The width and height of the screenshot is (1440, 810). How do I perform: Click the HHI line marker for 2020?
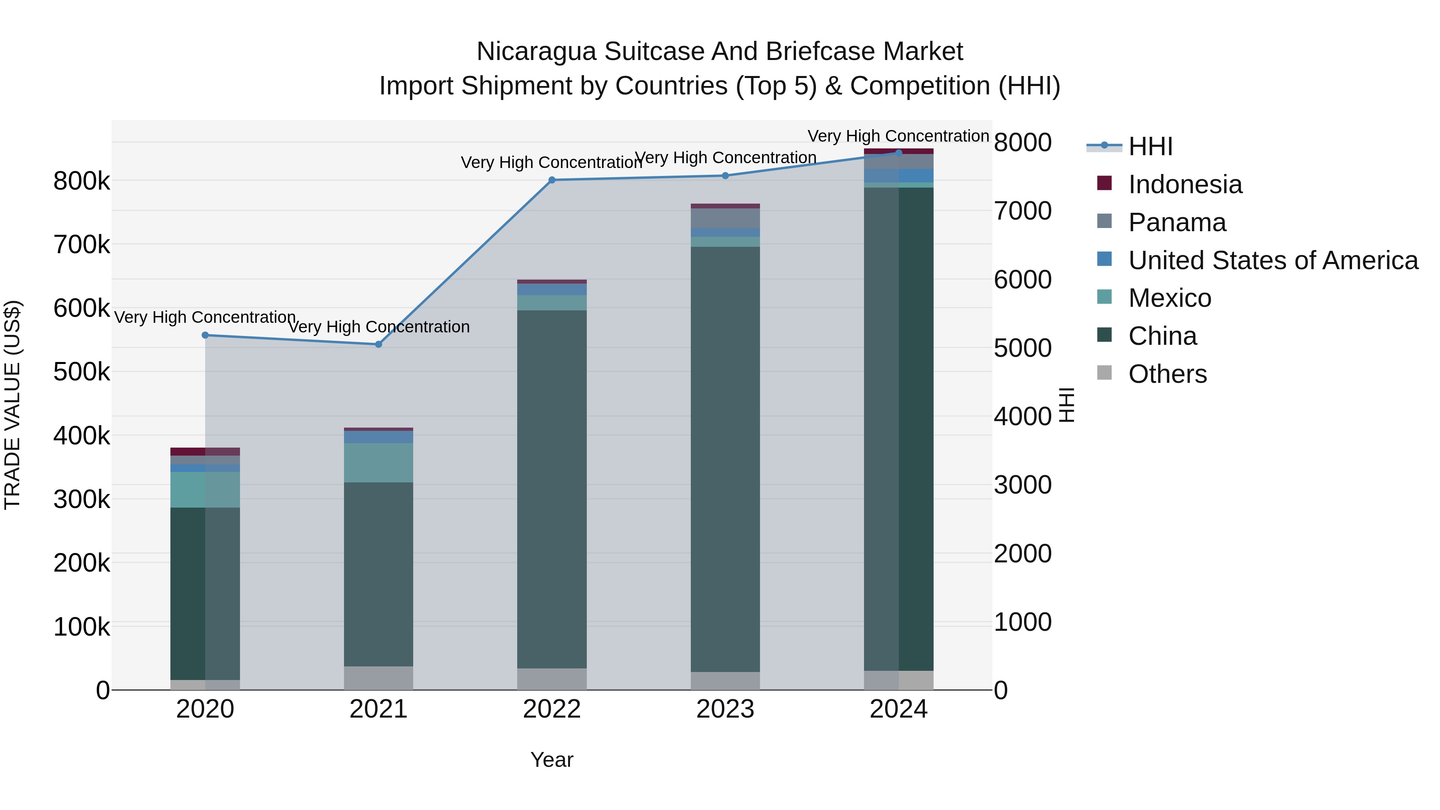pyautogui.click(x=205, y=336)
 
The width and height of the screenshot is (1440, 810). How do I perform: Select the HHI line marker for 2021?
pyautogui.click(x=378, y=344)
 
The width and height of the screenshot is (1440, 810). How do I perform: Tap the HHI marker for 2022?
pyautogui.click(x=552, y=180)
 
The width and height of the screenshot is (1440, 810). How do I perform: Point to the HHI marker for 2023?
pyautogui.click(x=725, y=176)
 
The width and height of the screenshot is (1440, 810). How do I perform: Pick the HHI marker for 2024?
pyautogui.click(x=898, y=153)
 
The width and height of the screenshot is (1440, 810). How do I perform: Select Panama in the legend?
pyautogui.click(x=1177, y=222)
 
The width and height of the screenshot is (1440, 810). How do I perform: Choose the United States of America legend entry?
pyautogui.click(x=1273, y=260)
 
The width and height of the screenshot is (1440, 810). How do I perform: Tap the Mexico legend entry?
pyautogui.click(x=1170, y=298)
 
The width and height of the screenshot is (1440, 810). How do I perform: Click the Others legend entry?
pyautogui.click(x=1167, y=374)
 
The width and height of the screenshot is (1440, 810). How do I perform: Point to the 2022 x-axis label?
pyautogui.click(x=552, y=709)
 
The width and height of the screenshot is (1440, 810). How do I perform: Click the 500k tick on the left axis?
pyautogui.click(x=82, y=372)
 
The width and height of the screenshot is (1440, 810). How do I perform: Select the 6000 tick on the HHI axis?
pyautogui.click(x=1022, y=280)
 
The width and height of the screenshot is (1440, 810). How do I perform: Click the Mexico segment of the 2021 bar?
pyautogui.click(x=378, y=463)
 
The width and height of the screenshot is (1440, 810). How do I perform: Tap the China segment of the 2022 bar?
pyautogui.click(x=552, y=489)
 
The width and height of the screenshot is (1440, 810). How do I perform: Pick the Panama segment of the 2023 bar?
pyautogui.click(x=725, y=218)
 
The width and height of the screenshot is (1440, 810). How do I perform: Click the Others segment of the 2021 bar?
pyautogui.click(x=378, y=678)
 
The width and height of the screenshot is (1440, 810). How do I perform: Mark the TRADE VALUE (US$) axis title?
pyautogui.click(x=12, y=405)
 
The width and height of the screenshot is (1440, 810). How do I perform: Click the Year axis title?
pyautogui.click(x=552, y=760)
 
